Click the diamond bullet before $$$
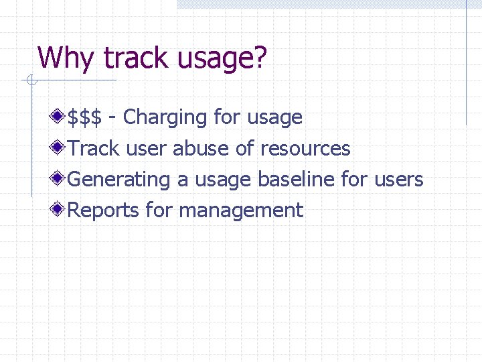pos(60,117)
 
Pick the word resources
pos(305,148)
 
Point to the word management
pos(241,210)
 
